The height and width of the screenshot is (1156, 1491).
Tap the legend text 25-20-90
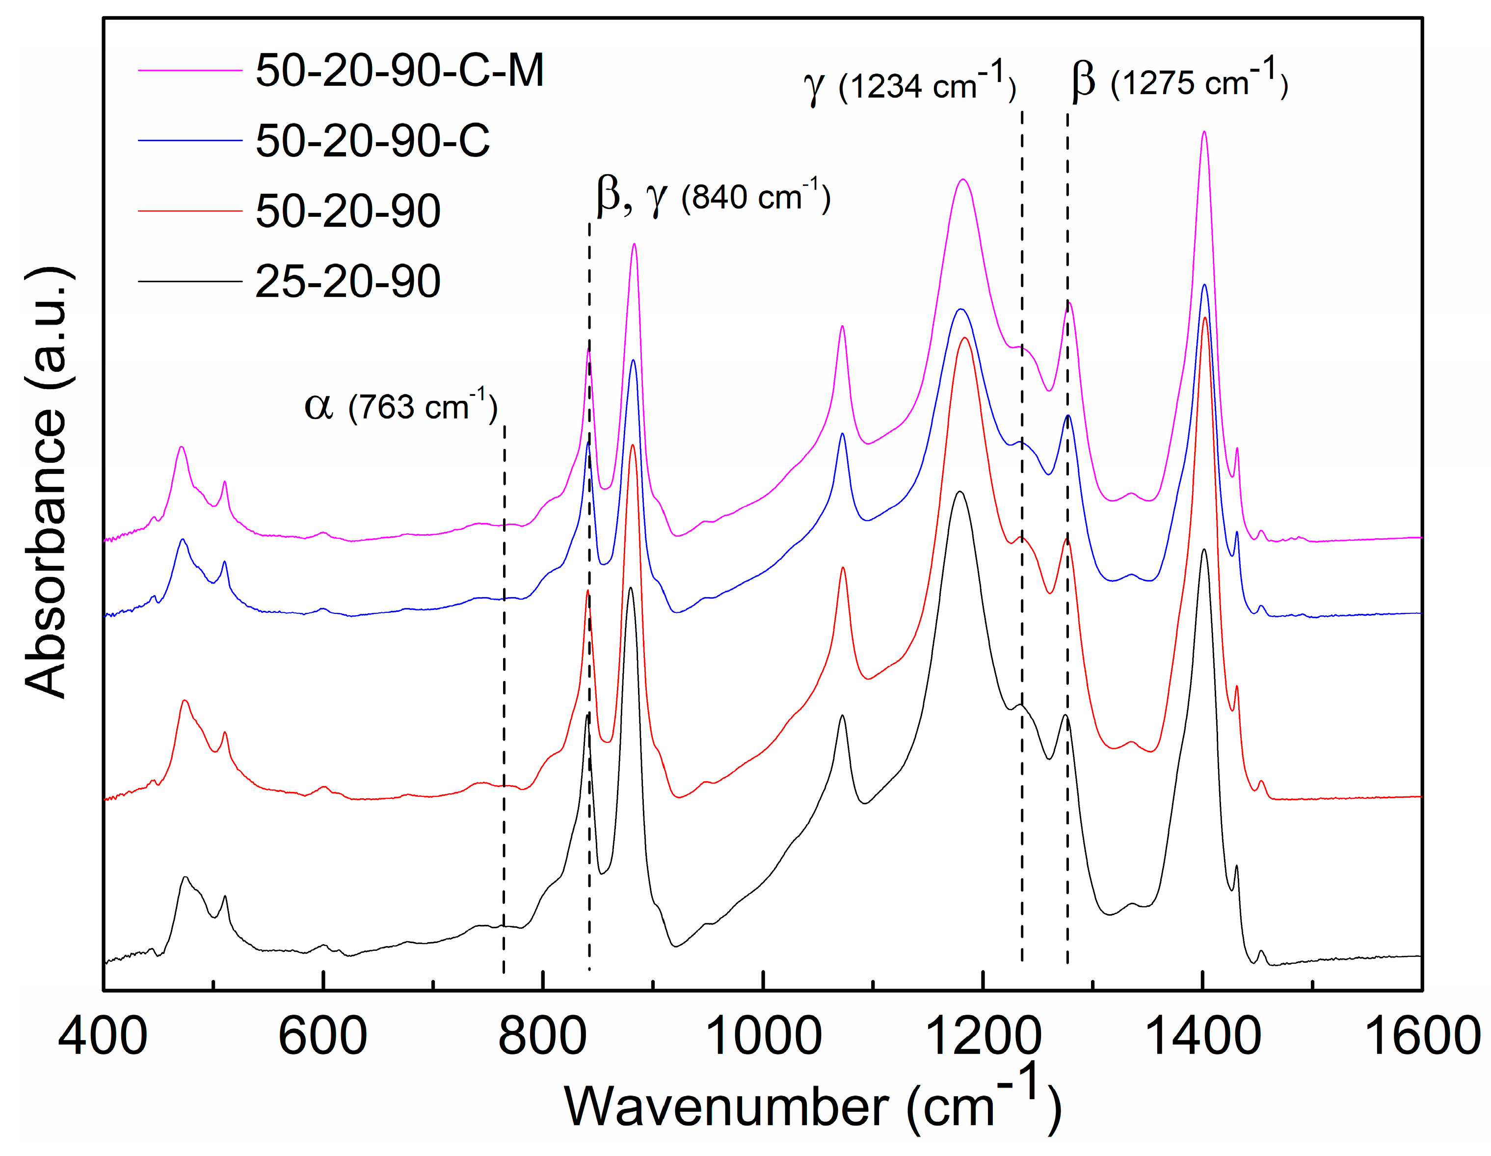tap(347, 281)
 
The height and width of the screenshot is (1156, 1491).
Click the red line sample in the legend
tap(190, 211)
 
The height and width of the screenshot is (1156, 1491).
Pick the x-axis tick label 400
tap(103, 1036)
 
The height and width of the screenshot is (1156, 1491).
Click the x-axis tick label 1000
tap(763, 1036)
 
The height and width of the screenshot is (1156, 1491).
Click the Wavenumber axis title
tap(812, 1104)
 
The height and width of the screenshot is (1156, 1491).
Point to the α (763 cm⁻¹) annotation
tap(401, 407)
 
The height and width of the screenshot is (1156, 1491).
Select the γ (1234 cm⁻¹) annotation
tap(910, 84)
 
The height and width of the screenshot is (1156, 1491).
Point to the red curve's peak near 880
tap(633, 445)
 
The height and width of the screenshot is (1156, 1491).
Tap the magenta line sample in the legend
tap(190, 70)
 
